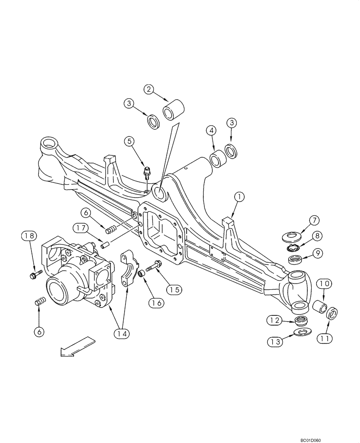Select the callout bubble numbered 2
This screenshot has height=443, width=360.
coord(149,89)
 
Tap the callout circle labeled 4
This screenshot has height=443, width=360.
coord(211,131)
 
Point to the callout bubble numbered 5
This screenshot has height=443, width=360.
coord(129,142)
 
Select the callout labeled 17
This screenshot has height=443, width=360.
coord(80,228)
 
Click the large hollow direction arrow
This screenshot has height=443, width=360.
coord(78,346)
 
